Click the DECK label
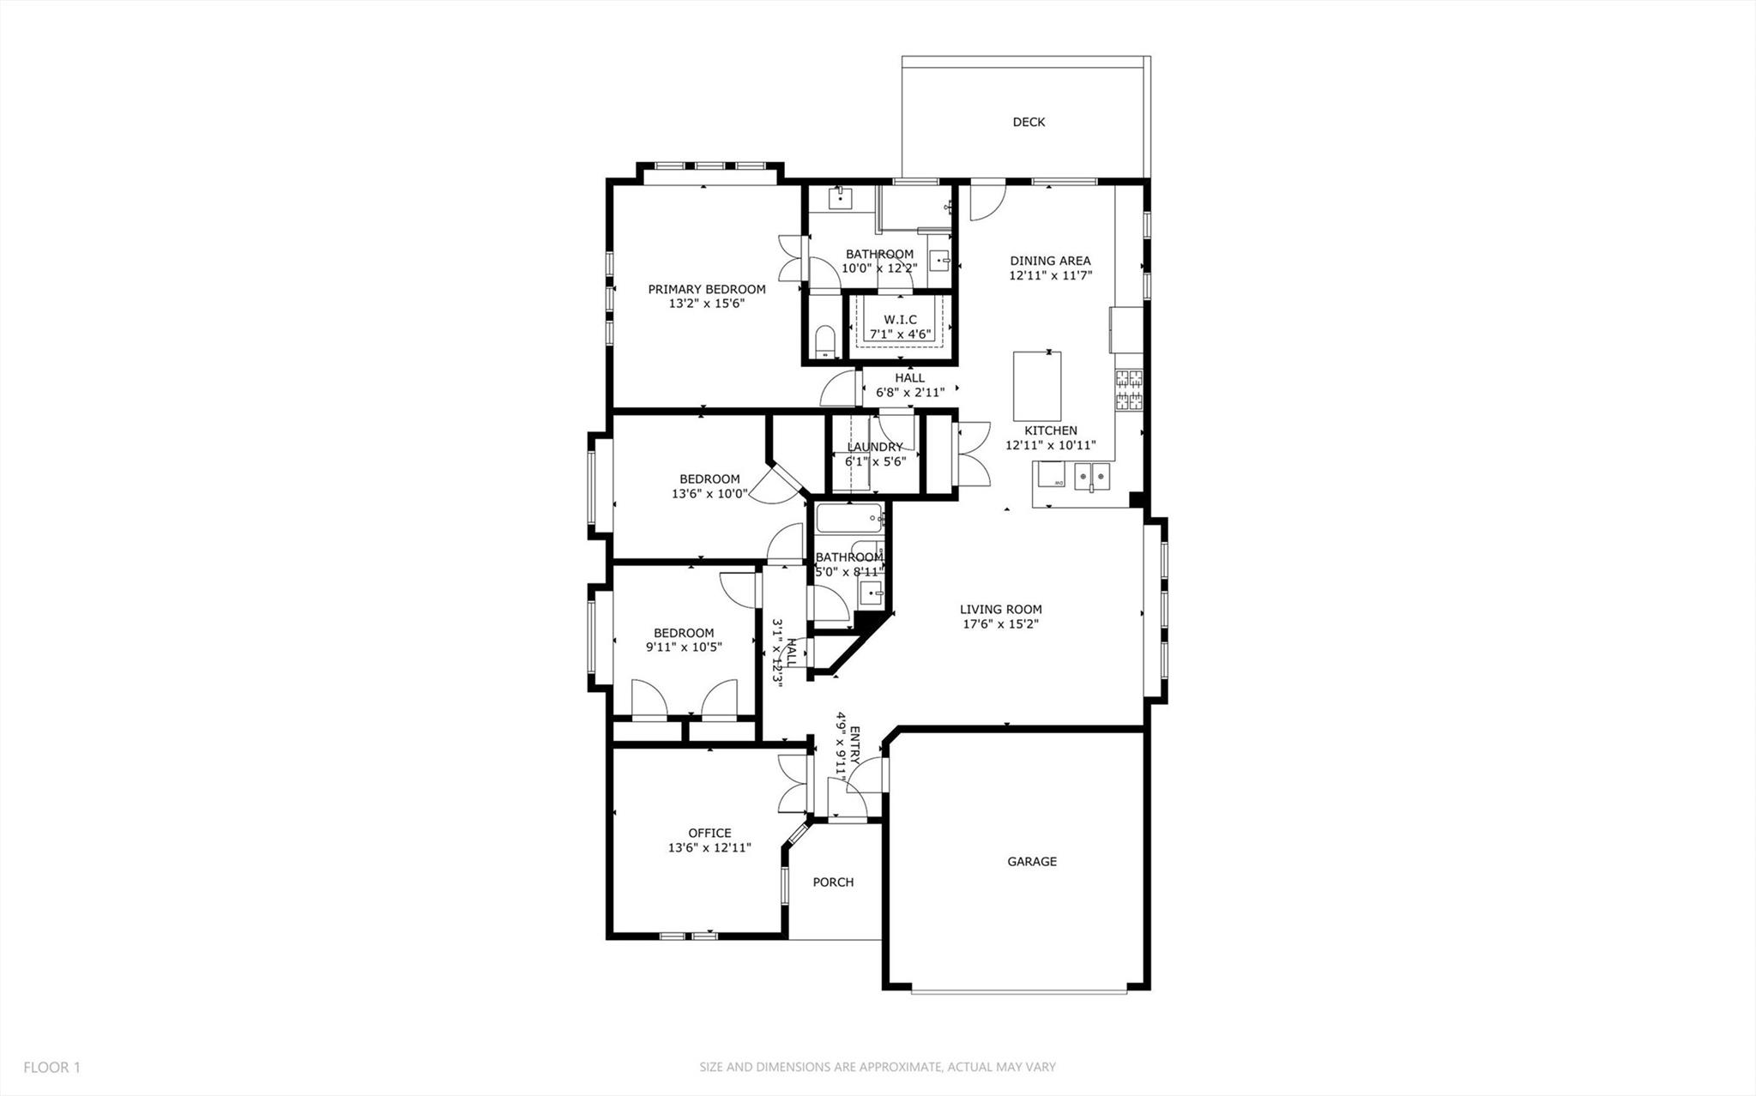(x=1029, y=122)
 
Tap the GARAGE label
(x=1031, y=861)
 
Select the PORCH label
(x=833, y=882)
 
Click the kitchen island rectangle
(x=1037, y=383)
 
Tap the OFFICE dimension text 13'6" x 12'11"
(x=709, y=847)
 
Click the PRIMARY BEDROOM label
(x=706, y=289)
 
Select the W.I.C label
(x=900, y=320)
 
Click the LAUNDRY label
(x=874, y=447)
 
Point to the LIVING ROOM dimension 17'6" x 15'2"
(x=1000, y=624)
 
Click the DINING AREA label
(x=1050, y=261)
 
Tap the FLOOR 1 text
(x=51, y=1068)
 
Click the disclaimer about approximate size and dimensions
(x=877, y=1068)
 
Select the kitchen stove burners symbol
(x=1129, y=388)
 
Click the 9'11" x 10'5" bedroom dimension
(x=684, y=647)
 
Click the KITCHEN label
(x=1050, y=431)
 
